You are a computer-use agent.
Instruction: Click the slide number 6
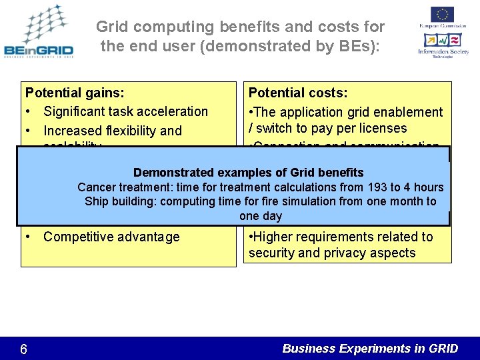pos(23,348)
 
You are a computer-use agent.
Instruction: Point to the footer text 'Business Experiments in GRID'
pos(370,348)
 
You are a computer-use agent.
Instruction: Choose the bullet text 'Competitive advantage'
pos(111,237)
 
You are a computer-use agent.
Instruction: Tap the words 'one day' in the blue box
pos(261,216)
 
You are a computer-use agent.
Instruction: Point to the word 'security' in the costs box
pos(273,253)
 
